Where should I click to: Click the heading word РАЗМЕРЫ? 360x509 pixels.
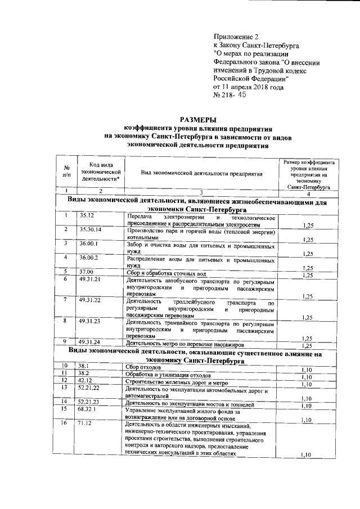[x=196, y=119]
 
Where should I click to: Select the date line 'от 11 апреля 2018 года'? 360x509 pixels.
[x=248, y=87]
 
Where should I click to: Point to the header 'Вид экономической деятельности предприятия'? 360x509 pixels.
[x=202, y=174]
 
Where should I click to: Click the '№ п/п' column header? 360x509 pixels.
[x=66, y=171]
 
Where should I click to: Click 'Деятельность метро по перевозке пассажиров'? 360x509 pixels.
[x=186, y=343]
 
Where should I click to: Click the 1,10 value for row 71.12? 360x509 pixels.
[x=307, y=455]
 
